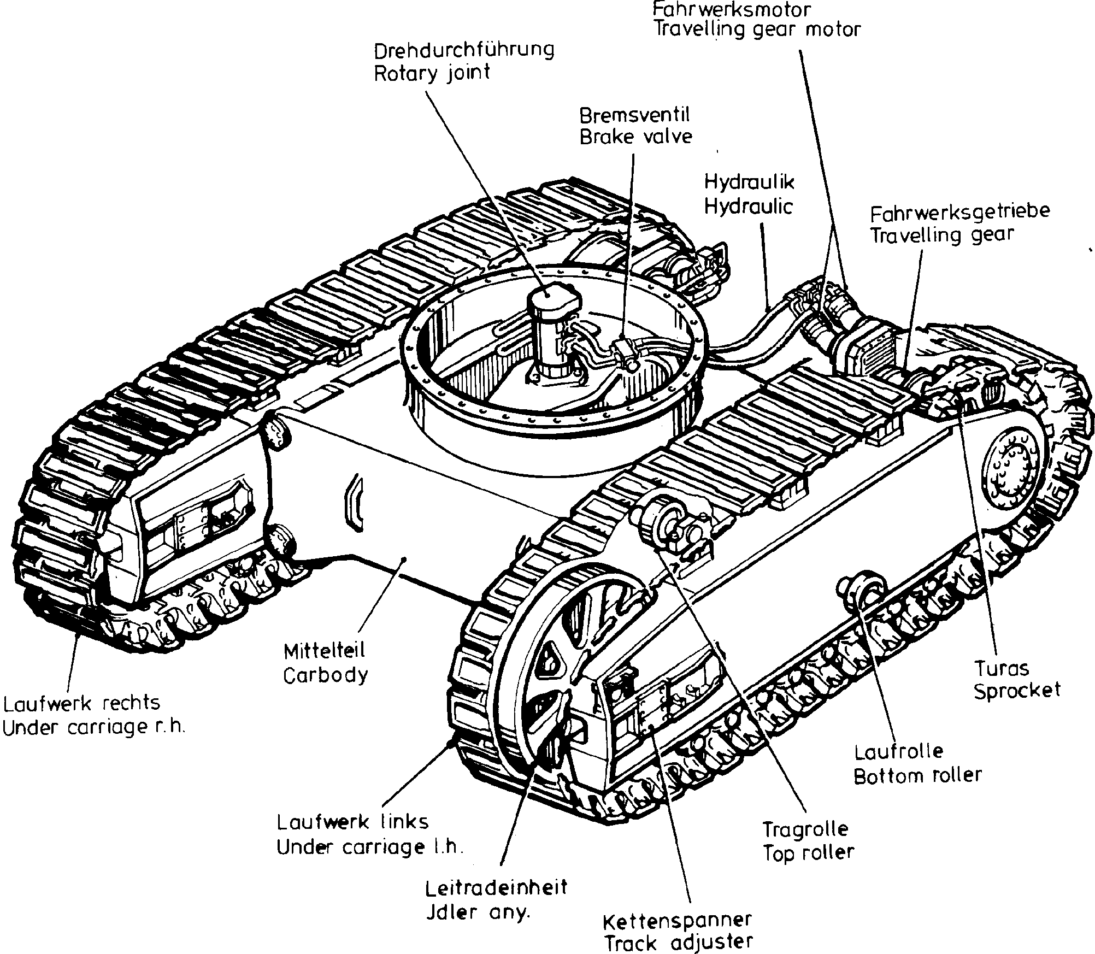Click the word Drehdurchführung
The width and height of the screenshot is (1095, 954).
point(464,50)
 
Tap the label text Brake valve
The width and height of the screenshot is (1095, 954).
point(635,137)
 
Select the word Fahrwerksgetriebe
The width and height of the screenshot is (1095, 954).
point(959,212)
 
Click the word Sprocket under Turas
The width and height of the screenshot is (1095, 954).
point(1017,690)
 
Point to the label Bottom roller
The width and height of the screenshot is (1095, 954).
point(917,775)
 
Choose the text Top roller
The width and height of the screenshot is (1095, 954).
point(808,852)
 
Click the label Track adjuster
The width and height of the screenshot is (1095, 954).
point(678,942)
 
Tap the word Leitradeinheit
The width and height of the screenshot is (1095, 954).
point(497,887)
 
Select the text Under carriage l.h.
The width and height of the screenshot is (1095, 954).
point(370,847)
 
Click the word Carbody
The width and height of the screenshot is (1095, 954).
point(326,676)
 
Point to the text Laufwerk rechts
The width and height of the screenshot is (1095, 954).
point(82,703)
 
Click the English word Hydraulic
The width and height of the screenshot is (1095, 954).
point(748,207)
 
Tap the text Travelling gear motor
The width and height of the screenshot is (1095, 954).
point(757,30)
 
